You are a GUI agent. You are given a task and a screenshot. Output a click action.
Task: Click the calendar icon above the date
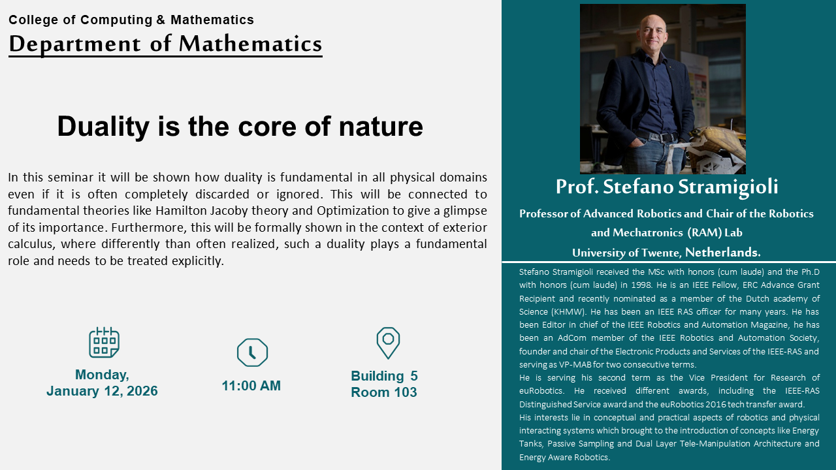point(104,342)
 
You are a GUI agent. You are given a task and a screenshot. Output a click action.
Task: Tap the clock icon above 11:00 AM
point(252,352)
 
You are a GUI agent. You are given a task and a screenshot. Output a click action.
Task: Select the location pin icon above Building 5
point(388,343)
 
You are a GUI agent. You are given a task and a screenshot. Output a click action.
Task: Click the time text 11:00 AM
point(251,386)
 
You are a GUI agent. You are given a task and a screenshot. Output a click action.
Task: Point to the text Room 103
point(384,392)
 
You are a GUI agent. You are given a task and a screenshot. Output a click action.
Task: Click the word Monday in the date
point(102,375)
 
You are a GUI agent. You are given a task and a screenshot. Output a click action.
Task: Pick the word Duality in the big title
point(103,127)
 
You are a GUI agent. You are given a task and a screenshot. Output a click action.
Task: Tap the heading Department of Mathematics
point(165,44)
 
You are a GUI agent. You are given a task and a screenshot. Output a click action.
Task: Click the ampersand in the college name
point(161,20)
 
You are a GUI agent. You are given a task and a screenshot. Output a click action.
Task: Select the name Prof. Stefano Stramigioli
point(667,187)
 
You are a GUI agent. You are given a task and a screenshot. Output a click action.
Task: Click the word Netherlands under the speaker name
point(723,253)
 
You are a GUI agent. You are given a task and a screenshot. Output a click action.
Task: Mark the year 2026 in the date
point(142,391)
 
